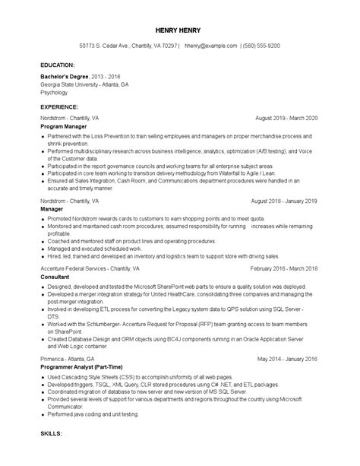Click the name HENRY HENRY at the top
click(180, 30)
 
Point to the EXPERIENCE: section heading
click(60, 108)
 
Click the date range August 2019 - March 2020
click(287, 119)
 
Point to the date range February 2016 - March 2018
click(284, 269)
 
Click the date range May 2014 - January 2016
click(288, 357)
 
